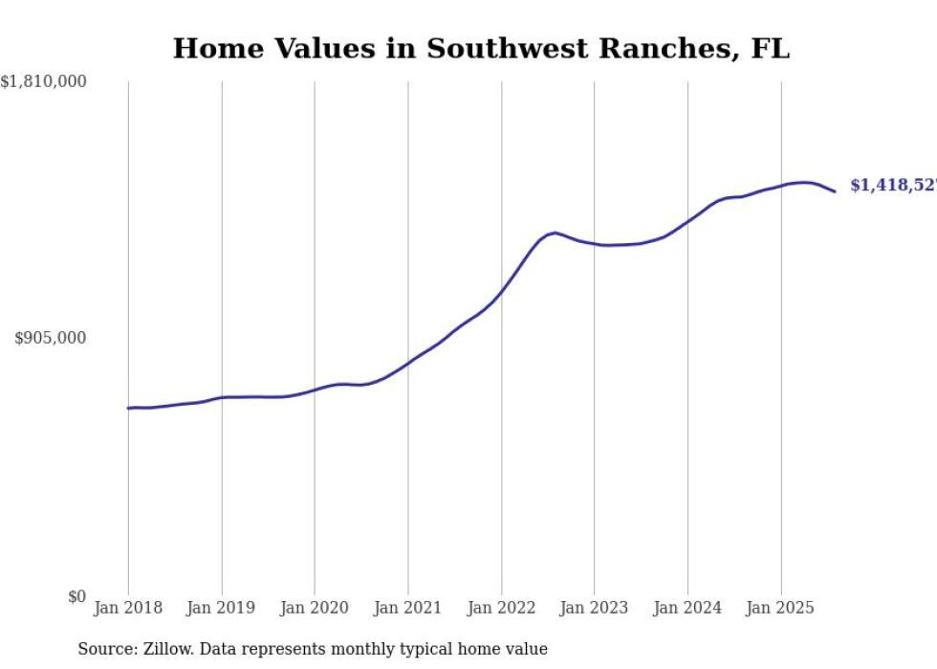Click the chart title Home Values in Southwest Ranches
[481, 49]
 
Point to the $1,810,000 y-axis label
[43, 82]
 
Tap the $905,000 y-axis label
[50, 338]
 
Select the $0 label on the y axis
[76, 596]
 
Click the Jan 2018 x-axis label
[128, 608]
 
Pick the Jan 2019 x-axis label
[222, 608]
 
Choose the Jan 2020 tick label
[315, 608]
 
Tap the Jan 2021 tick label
[408, 608]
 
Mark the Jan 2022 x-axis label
[501, 608]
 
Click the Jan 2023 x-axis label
[595, 608]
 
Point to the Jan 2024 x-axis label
[687, 608]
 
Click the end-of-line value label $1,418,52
[893, 185]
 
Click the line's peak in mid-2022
[555, 233]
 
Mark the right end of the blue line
[835, 191]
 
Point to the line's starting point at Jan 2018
[128, 408]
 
